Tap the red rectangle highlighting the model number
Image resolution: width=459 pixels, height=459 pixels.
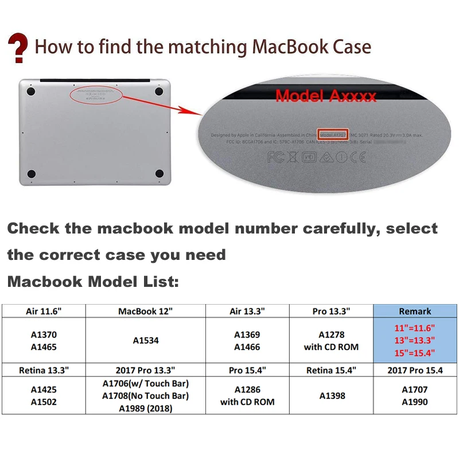coord(333,135)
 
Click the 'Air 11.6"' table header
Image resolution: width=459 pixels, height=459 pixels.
coord(44,311)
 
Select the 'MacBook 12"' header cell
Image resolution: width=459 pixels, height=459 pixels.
coord(145,311)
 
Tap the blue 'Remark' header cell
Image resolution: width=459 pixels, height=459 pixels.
coord(415,311)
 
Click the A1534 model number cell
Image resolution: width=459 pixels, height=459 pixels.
coord(145,340)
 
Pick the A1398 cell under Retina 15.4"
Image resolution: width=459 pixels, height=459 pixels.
coord(331,395)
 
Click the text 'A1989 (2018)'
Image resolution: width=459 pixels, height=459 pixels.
coord(145,408)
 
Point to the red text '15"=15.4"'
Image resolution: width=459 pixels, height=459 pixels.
coord(415,353)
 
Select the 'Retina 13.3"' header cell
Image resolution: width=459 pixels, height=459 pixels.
coord(44,370)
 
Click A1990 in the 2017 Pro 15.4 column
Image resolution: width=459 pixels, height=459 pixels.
coord(415,402)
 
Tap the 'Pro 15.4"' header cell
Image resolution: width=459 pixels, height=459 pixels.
coord(247,370)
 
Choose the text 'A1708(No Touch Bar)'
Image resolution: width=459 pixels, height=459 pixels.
coord(145,395)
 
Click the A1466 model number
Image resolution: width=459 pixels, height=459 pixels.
coord(247,347)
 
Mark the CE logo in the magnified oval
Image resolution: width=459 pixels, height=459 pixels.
coord(358,156)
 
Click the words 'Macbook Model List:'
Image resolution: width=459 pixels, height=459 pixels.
coord(93,282)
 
